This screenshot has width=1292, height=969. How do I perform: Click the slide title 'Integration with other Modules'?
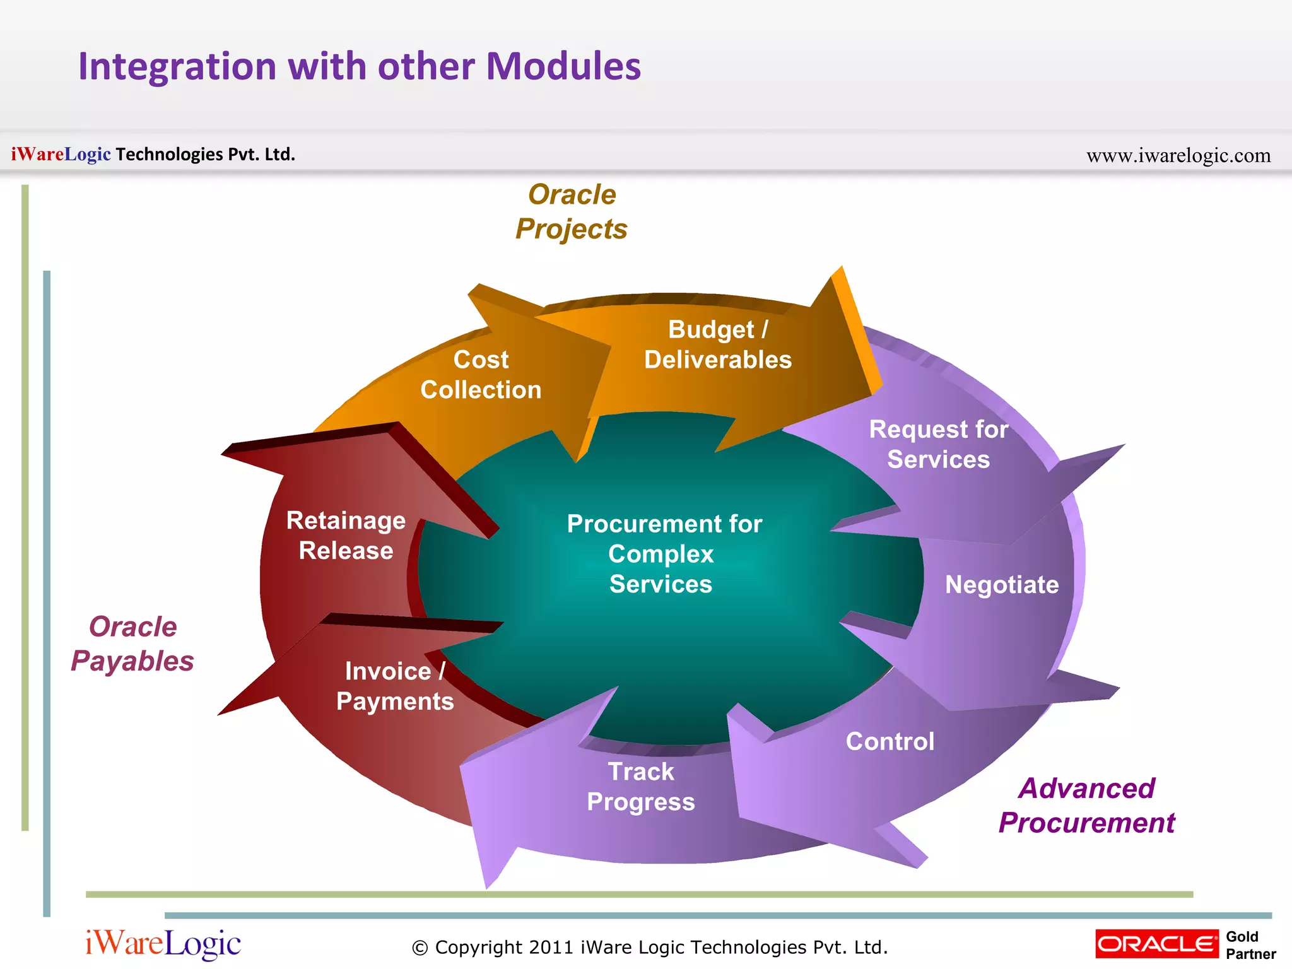(359, 66)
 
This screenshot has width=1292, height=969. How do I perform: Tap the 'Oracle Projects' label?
(572, 212)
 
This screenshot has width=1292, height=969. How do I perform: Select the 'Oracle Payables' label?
(132, 644)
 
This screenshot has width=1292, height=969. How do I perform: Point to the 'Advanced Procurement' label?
(1086, 806)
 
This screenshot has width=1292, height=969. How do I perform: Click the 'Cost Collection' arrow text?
(481, 375)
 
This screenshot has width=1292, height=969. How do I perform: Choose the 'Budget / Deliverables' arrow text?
(717, 344)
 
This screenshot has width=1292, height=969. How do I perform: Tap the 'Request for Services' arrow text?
(938, 444)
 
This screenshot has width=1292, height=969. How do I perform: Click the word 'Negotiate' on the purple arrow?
(1001, 585)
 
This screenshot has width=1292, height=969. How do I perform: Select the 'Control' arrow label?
(890, 741)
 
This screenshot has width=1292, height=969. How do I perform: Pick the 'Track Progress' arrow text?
(640, 787)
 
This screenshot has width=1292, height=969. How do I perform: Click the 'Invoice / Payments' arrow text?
(395, 686)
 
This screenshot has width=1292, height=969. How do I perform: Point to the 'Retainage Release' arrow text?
(346, 536)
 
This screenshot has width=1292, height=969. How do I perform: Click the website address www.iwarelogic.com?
(1178, 155)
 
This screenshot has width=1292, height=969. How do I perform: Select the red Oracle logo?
(1156, 944)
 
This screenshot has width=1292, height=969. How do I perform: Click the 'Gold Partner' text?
(1250, 945)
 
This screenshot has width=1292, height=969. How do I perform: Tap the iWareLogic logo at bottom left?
(163, 944)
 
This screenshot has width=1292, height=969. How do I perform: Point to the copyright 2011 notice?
(649, 947)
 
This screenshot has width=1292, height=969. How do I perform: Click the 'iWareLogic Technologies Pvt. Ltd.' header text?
(153, 154)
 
